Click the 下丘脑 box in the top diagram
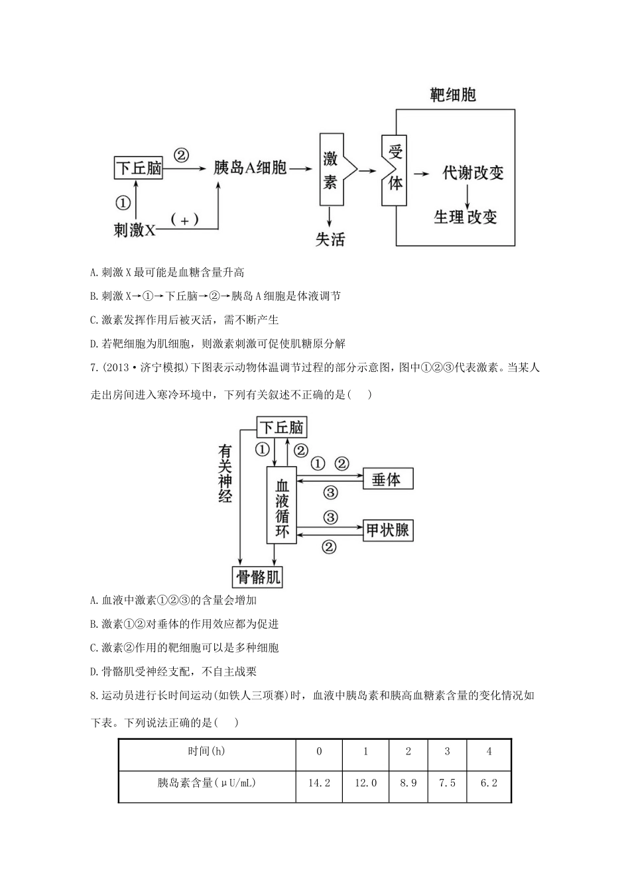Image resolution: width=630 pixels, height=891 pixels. [x=139, y=168]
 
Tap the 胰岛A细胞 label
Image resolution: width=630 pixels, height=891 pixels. [x=249, y=168]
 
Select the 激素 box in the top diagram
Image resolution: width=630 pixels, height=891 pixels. [x=330, y=170]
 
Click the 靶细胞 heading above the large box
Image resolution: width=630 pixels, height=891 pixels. [x=453, y=95]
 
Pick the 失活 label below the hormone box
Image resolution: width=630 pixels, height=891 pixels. [x=330, y=239]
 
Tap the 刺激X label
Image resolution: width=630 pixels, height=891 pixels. [x=135, y=229]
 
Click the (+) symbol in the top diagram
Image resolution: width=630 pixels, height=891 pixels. [x=184, y=220]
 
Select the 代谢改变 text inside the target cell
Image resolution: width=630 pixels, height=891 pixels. [x=473, y=173]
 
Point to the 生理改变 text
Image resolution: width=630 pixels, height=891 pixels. [x=466, y=217]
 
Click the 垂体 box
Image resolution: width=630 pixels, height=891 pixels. [x=387, y=479]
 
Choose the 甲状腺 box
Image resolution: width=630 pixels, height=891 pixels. [x=387, y=530]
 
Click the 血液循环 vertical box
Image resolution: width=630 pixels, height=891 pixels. [x=283, y=505]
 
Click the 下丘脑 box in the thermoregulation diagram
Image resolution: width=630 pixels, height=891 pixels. [x=282, y=428]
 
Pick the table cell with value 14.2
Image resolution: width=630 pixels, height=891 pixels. [x=319, y=783]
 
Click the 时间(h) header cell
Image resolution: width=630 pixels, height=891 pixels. [x=206, y=752]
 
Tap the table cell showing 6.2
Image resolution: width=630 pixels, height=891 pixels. [x=489, y=783]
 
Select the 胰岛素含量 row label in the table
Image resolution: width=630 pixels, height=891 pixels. [x=206, y=783]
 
